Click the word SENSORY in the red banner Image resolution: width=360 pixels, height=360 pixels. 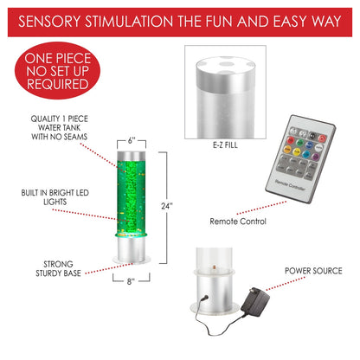click(49, 22)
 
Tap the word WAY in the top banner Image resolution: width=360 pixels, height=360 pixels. click(326, 22)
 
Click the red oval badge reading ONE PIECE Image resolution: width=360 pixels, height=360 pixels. click(57, 71)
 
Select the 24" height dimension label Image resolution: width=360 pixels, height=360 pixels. click(167, 206)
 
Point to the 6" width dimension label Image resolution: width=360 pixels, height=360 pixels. click(132, 141)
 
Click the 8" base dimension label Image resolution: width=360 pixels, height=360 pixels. click(131, 281)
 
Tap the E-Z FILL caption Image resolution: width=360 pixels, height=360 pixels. click(225, 145)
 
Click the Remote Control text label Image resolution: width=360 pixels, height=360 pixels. click(238, 222)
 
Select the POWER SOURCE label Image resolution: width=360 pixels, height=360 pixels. click(313, 271)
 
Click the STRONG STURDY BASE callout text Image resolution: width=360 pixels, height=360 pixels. click(58, 268)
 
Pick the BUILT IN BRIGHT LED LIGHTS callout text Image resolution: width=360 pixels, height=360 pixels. click(55, 197)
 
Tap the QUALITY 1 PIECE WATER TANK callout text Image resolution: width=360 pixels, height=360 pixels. click(59, 127)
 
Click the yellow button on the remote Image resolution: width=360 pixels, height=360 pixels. click(297, 151)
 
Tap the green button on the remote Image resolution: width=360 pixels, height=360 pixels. click(300, 143)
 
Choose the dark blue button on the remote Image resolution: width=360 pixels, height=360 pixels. click(309, 145)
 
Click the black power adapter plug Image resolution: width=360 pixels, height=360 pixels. click(255, 301)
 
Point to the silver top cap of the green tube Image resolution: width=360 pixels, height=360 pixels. click(132, 156)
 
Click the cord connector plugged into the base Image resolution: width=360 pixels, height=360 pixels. click(204, 298)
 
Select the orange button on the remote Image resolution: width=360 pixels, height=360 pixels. click(287, 149)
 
